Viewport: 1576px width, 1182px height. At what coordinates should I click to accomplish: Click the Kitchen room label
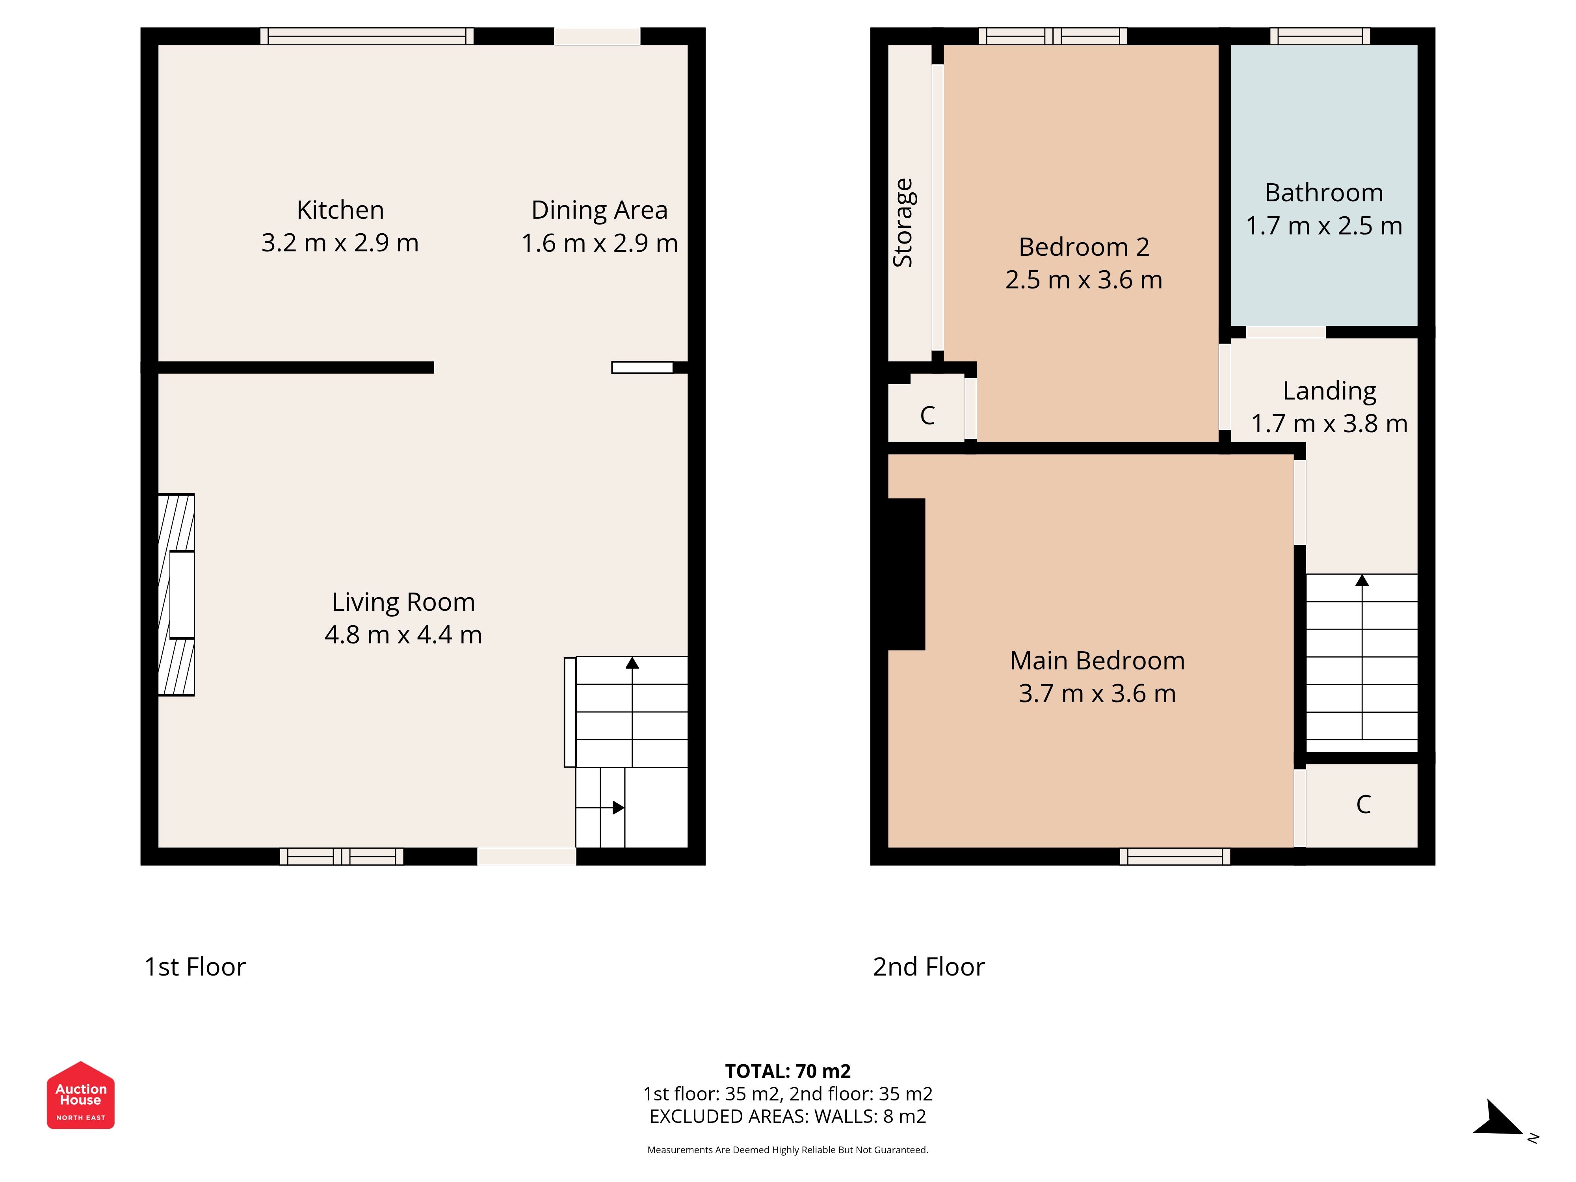click(340, 210)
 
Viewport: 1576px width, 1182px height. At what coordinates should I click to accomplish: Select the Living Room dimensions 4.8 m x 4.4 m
click(403, 635)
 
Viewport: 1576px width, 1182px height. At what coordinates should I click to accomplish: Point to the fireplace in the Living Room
click(176, 595)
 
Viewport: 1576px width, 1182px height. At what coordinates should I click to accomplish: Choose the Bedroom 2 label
click(1083, 247)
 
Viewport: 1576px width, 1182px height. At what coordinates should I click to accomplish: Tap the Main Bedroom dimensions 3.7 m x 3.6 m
click(1097, 693)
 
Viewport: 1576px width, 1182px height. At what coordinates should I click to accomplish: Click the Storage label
click(903, 223)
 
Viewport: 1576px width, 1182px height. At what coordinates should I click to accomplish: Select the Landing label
click(1329, 391)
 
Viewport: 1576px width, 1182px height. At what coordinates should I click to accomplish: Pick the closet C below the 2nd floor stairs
click(1363, 805)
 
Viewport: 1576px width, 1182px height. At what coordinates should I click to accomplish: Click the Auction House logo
click(80, 1095)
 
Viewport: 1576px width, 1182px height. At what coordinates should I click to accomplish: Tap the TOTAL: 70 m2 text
click(787, 1071)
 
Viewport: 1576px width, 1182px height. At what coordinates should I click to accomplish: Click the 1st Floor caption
click(195, 967)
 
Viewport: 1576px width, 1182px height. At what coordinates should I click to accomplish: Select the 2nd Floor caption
click(928, 967)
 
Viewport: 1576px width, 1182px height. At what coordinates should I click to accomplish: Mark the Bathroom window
click(1320, 36)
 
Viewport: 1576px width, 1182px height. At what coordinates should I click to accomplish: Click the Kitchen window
click(367, 36)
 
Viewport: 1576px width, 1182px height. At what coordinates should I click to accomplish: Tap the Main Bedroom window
click(1175, 857)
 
